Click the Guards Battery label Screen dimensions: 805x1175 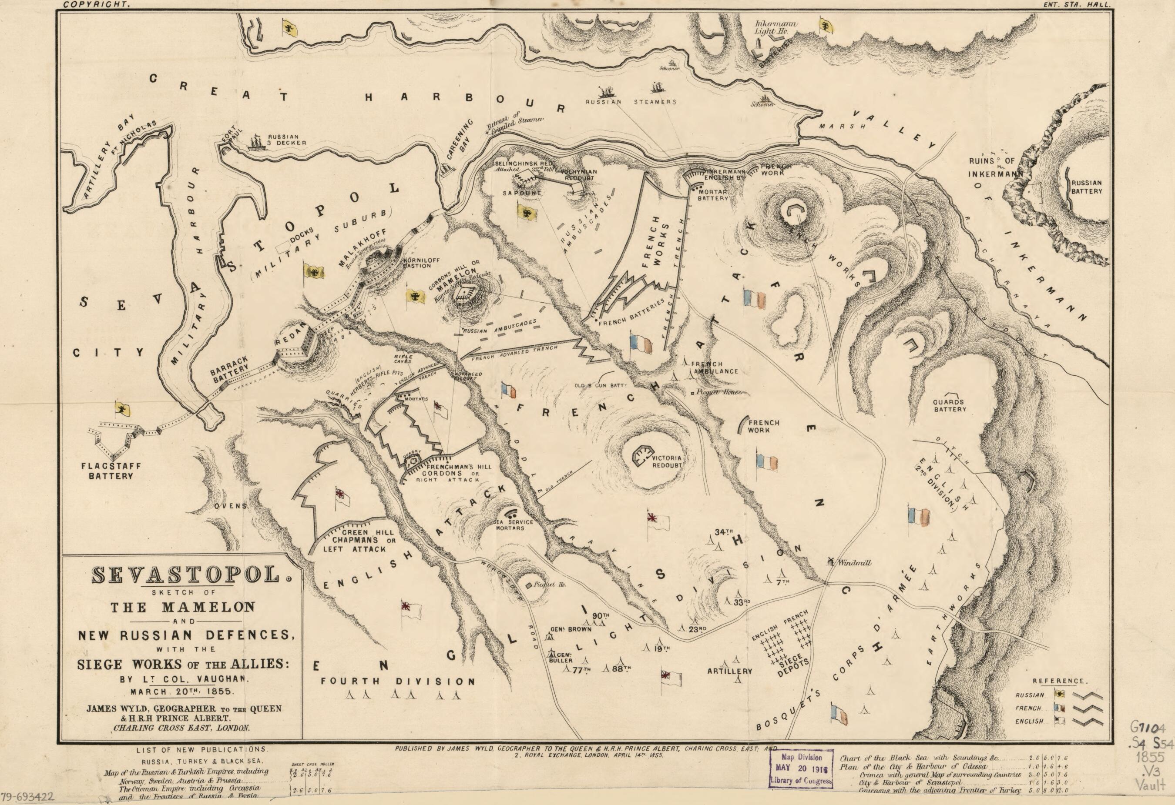[x=949, y=405]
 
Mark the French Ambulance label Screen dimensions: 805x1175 [x=712, y=367]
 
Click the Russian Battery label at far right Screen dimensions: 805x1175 [x=1087, y=187]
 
